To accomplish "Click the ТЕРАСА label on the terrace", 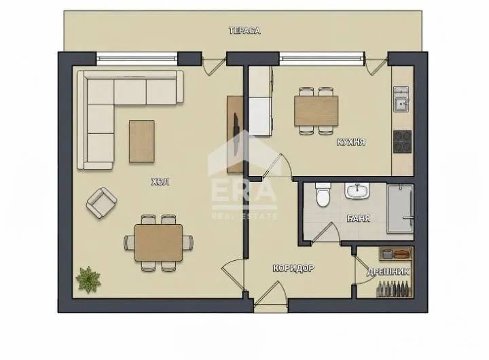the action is [x=244, y=31].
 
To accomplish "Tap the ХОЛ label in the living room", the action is [x=160, y=181].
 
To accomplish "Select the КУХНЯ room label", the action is [x=351, y=142].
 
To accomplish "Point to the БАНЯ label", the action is [x=359, y=218].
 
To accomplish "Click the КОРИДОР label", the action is [x=293, y=268].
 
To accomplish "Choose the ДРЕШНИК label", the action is [x=388, y=272].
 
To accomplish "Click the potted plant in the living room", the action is [x=88, y=280].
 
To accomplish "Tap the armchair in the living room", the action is [x=102, y=203].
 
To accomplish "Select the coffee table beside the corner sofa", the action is [x=142, y=141].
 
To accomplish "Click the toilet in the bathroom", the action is [x=323, y=195].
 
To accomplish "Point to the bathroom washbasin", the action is [x=357, y=191].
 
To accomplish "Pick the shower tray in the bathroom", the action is [x=400, y=209].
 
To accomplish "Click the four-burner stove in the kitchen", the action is [x=403, y=142].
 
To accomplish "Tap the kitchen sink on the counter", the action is [x=401, y=99].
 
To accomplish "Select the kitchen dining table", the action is [x=316, y=111].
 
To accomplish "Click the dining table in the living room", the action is [x=159, y=242].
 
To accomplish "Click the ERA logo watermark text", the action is [x=244, y=192].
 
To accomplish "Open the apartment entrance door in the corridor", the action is [x=270, y=293].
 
